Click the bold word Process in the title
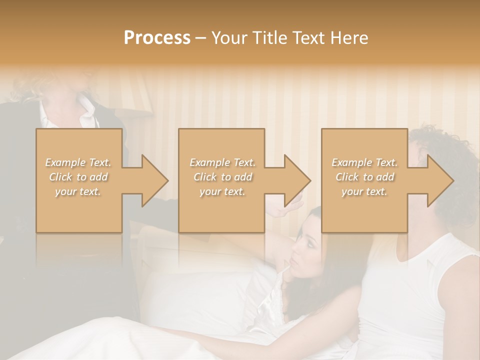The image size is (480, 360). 157,38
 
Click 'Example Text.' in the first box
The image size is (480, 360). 78,162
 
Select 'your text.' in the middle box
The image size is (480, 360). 222,191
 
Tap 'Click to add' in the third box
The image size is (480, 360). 365,177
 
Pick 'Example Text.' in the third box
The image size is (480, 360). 365,162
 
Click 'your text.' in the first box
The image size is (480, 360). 78,191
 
